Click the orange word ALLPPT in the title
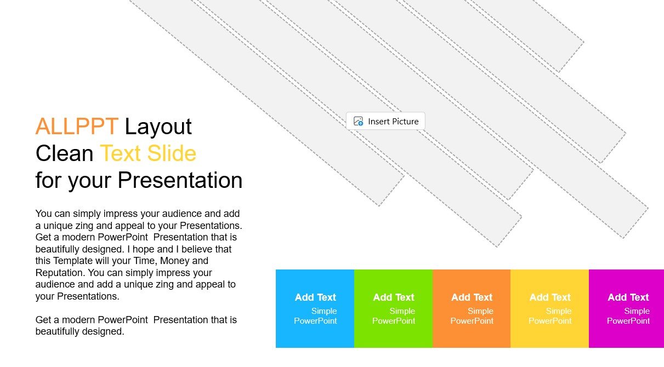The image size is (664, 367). [77, 127]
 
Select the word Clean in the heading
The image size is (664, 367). [64, 153]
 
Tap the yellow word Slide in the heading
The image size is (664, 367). [172, 153]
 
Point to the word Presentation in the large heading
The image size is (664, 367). [180, 180]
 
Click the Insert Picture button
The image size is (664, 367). [385, 121]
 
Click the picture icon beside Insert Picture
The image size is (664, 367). [358, 121]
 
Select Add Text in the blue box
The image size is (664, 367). [315, 297]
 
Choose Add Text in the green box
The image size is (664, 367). [394, 297]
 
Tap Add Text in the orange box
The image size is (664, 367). [472, 297]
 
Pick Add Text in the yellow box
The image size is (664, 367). [550, 297]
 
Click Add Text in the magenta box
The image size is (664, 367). [628, 297]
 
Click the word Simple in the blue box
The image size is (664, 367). [324, 311]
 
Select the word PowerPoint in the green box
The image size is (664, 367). [394, 321]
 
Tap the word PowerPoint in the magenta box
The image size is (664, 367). [628, 321]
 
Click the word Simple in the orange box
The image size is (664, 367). [480, 311]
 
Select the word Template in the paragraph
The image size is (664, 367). [72, 261]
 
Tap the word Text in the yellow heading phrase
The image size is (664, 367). [120, 153]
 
